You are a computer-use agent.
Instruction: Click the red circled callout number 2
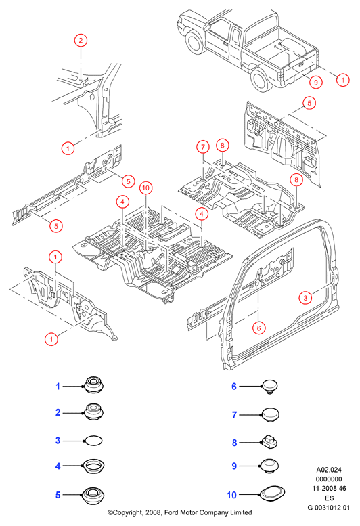click(x=81, y=41)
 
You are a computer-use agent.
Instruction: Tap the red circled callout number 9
click(x=316, y=82)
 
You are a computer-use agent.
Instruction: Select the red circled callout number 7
click(x=203, y=147)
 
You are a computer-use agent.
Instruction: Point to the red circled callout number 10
click(x=145, y=188)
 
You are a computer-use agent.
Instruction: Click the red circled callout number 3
click(x=305, y=298)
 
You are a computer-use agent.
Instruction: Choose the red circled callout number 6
click(x=258, y=328)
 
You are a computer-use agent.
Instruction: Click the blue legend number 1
click(x=58, y=387)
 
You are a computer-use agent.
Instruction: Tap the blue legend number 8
click(x=235, y=443)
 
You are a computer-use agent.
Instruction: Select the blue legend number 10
click(x=231, y=495)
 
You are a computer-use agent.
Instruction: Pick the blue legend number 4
click(x=58, y=466)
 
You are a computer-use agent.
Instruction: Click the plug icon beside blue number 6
click(x=270, y=387)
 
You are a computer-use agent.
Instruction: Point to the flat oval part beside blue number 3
click(x=93, y=441)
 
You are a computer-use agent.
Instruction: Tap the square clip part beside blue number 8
click(x=269, y=443)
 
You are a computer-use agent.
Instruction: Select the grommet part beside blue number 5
click(x=93, y=495)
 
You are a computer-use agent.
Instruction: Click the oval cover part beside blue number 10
click(x=272, y=494)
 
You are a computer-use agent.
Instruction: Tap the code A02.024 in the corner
click(x=329, y=470)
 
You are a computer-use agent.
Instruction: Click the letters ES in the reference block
click(x=329, y=498)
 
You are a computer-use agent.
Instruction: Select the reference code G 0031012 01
click(x=328, y=508)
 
